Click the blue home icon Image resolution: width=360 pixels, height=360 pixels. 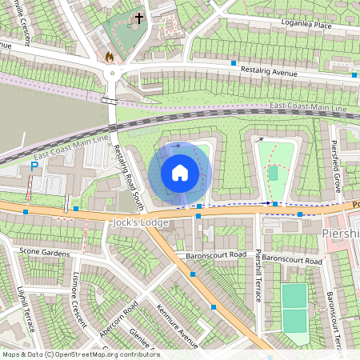coord(180,173)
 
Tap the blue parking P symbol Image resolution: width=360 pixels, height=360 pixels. coord(34,166)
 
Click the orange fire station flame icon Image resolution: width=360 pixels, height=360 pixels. coord(110,57)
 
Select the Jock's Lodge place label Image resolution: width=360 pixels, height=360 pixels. coord(141,222)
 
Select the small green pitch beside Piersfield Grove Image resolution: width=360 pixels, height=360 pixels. coord(273,173)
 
